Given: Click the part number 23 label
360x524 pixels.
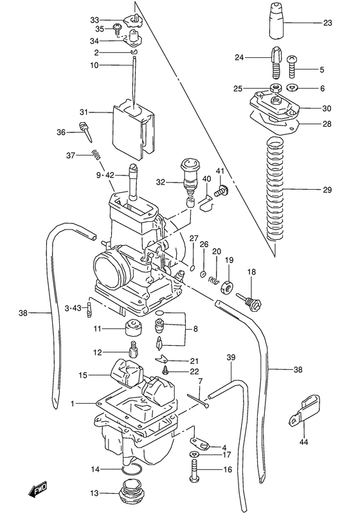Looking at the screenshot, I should click(327, 24).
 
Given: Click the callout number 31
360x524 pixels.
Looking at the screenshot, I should click(100, 111).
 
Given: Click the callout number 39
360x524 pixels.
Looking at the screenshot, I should click(231, 357).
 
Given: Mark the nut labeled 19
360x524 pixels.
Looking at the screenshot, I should click(226, 287).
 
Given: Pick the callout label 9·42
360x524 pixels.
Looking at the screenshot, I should click(105, 175).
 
